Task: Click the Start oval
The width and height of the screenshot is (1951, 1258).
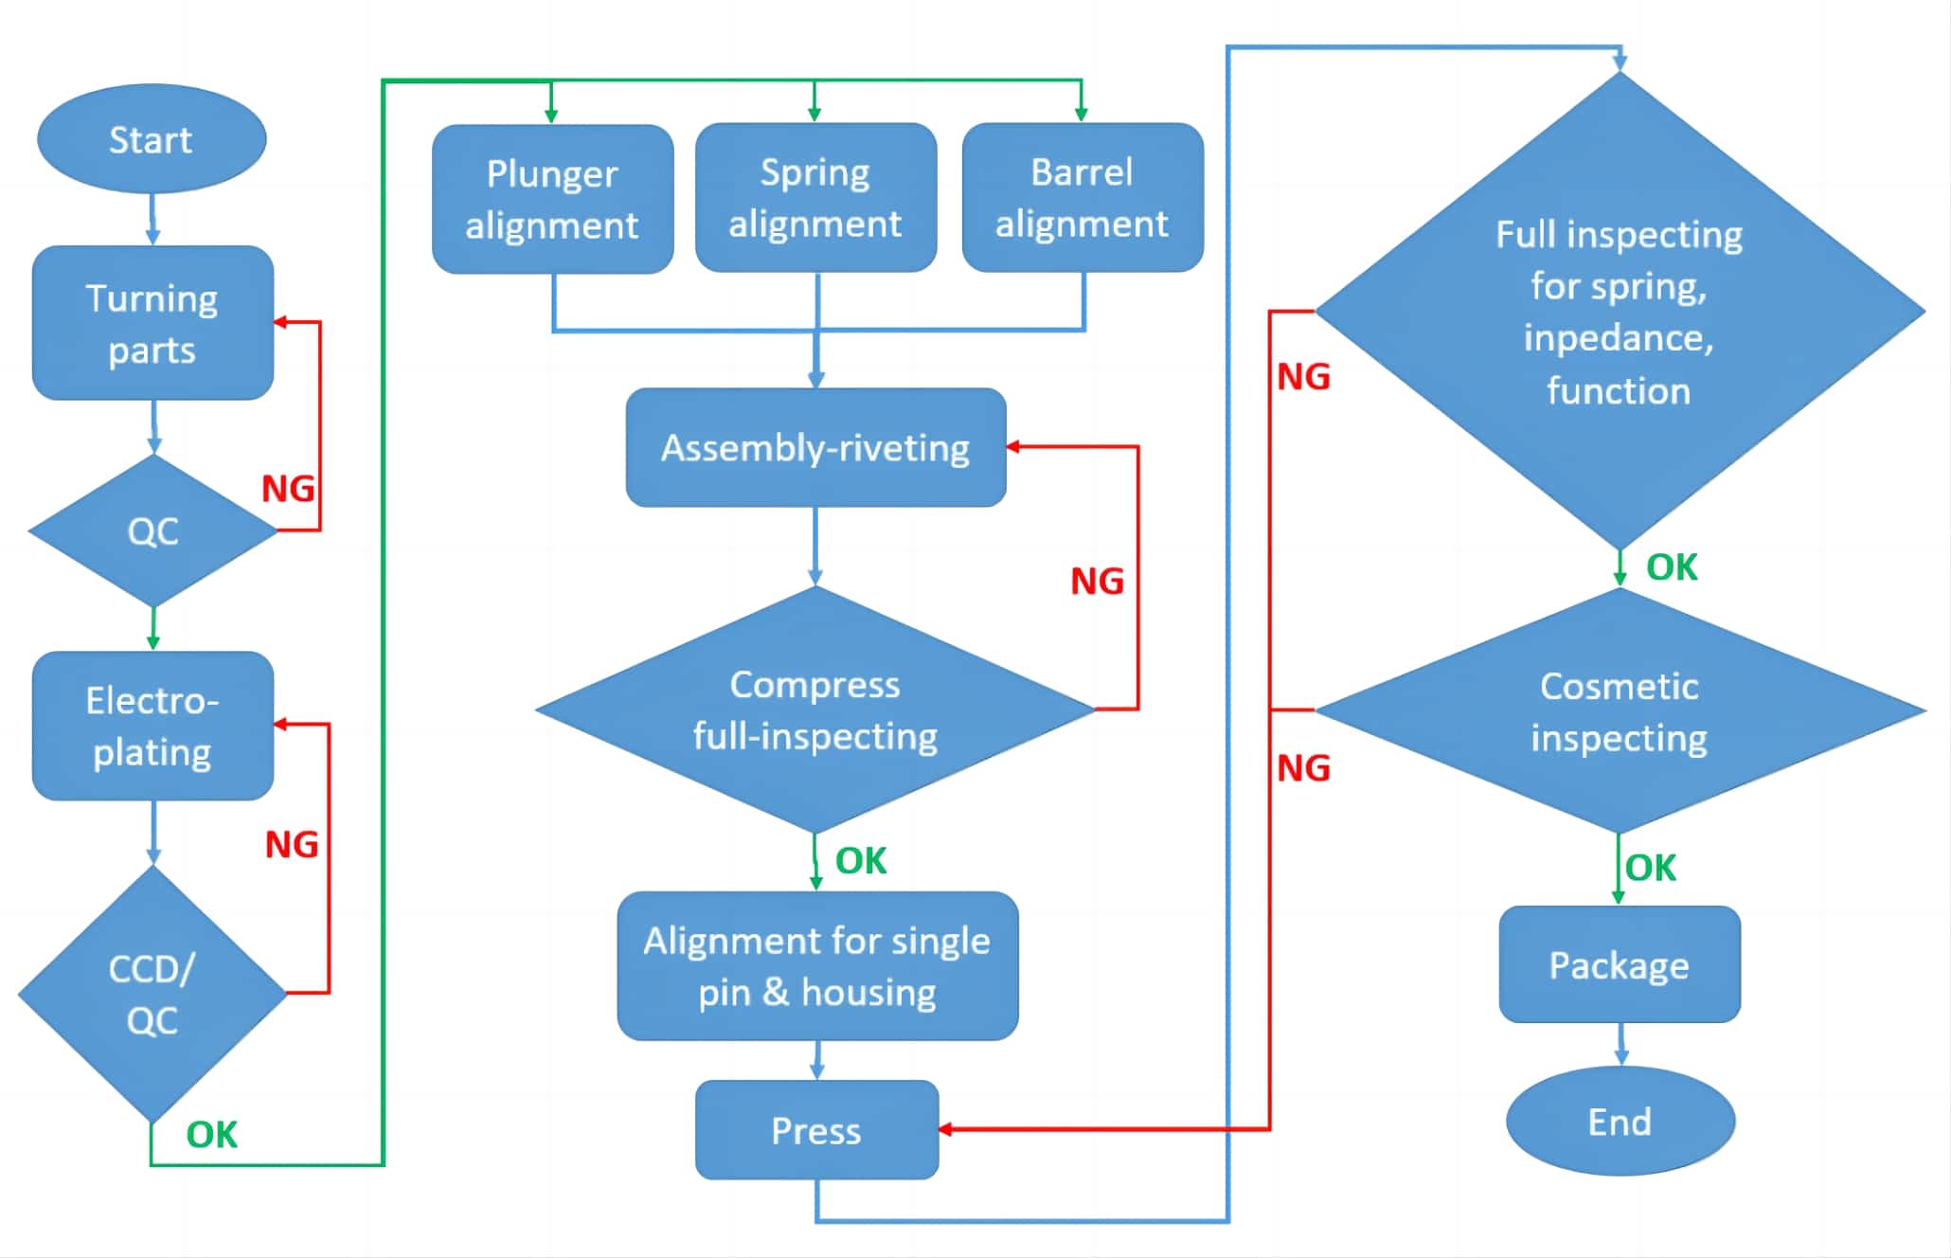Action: click(152, 139)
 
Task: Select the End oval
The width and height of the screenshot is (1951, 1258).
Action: click(1620, 1122)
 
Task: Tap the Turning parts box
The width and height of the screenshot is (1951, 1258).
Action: click(152, 323)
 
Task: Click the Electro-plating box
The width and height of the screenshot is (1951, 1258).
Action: click(152, 726)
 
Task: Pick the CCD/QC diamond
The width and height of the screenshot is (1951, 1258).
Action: click(152, 994)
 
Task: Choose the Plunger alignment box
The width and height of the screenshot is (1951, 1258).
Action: click(552, 199)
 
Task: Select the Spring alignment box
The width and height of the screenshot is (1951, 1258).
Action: click(815, 197)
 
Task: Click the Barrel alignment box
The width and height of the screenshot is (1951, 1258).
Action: click(1082, 197)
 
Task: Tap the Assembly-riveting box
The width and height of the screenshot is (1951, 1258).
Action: click(815, 447)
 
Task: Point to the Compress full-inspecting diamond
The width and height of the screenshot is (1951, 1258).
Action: click(815, 710)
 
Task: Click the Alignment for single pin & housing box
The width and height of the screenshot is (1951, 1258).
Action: click(817, 966)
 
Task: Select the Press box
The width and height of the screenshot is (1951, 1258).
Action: click(816, 1130)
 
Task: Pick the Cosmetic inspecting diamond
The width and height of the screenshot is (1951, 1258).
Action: click(1620, 711)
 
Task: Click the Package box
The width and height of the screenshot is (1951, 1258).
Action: click(1620, 964)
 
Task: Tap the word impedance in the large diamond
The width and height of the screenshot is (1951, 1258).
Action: click(1619, 338)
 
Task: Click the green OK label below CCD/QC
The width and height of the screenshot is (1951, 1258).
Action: click(211, 1134)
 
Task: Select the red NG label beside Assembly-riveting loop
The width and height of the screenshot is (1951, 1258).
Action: click(1097, 581)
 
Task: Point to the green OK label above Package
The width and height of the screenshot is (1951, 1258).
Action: click(1651, 867)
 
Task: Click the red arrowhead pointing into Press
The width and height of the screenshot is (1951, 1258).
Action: click(946, 1129)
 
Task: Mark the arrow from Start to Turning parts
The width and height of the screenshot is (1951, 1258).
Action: click(152, 220)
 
